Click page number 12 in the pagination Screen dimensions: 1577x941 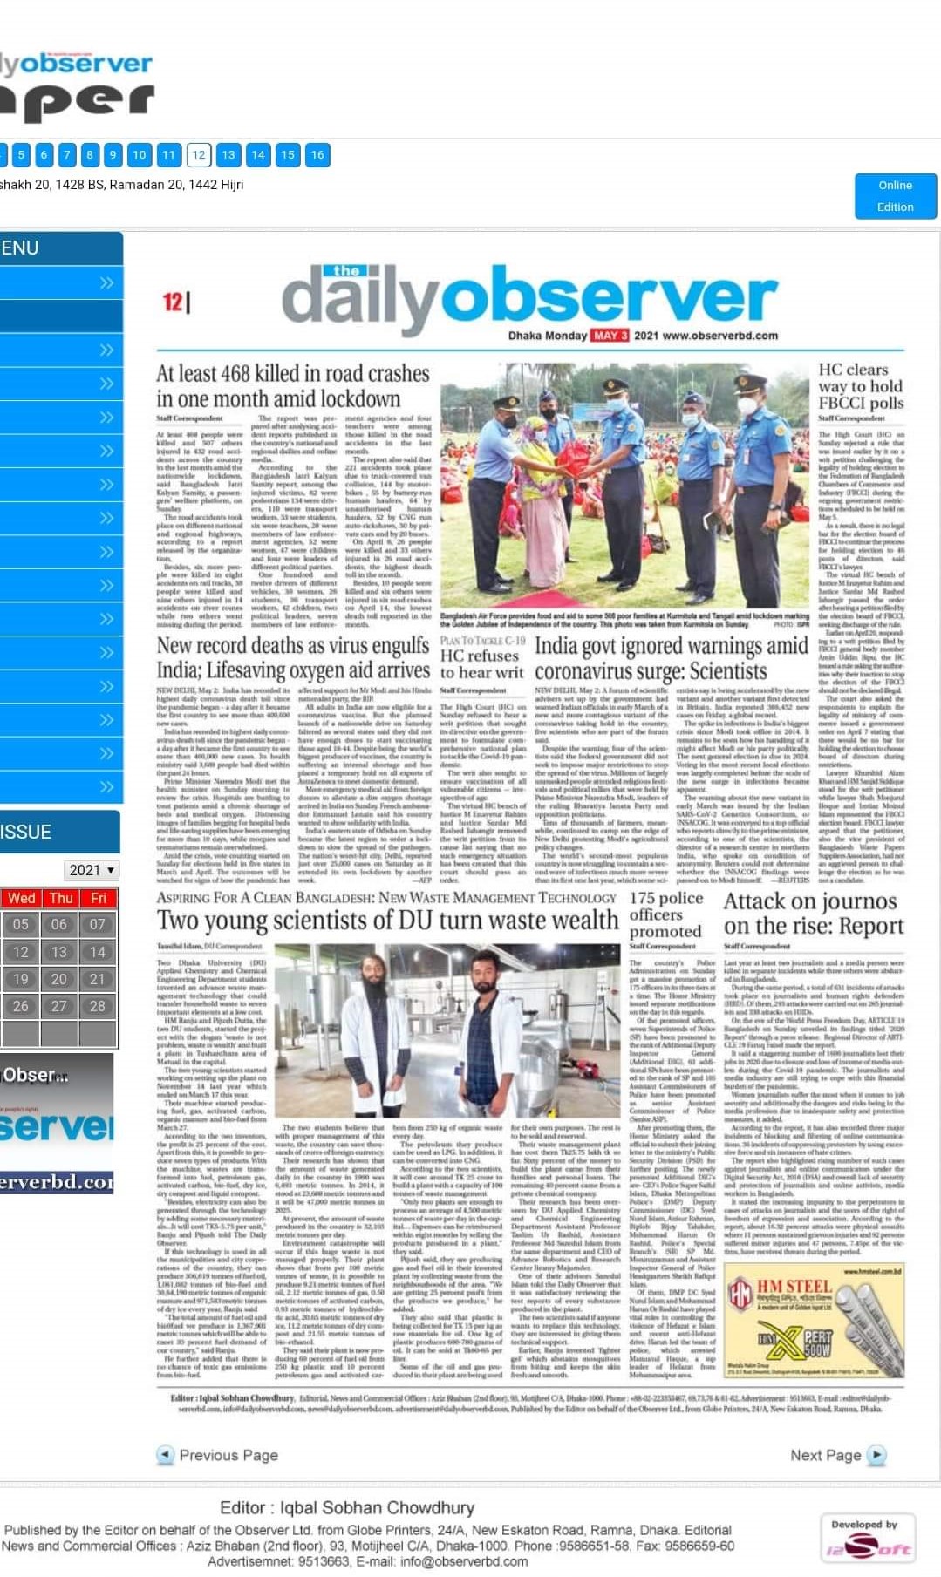click(x=199, y=155)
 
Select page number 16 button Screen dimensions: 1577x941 click(x=317, y=155)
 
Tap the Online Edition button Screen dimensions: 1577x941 click(x=895, y=196)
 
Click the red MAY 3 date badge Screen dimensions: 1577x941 click(x=610, y=336)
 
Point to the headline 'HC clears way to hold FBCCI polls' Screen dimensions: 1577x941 click(x=860, y=386)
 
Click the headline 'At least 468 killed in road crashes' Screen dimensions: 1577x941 click(x=293, y=386)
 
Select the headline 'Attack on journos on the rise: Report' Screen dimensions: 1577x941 click(x=813, y=914)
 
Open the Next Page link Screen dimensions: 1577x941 click(x=836, y=1455)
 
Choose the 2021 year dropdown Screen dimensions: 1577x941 click(x=92, y=870)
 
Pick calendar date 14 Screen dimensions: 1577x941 click(x=98, y=952)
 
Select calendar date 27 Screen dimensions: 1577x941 click(x=58, y=1006)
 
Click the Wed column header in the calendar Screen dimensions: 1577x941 click(x=21, y=898)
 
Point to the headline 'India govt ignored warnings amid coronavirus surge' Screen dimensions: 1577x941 click(x=671, y=658)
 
